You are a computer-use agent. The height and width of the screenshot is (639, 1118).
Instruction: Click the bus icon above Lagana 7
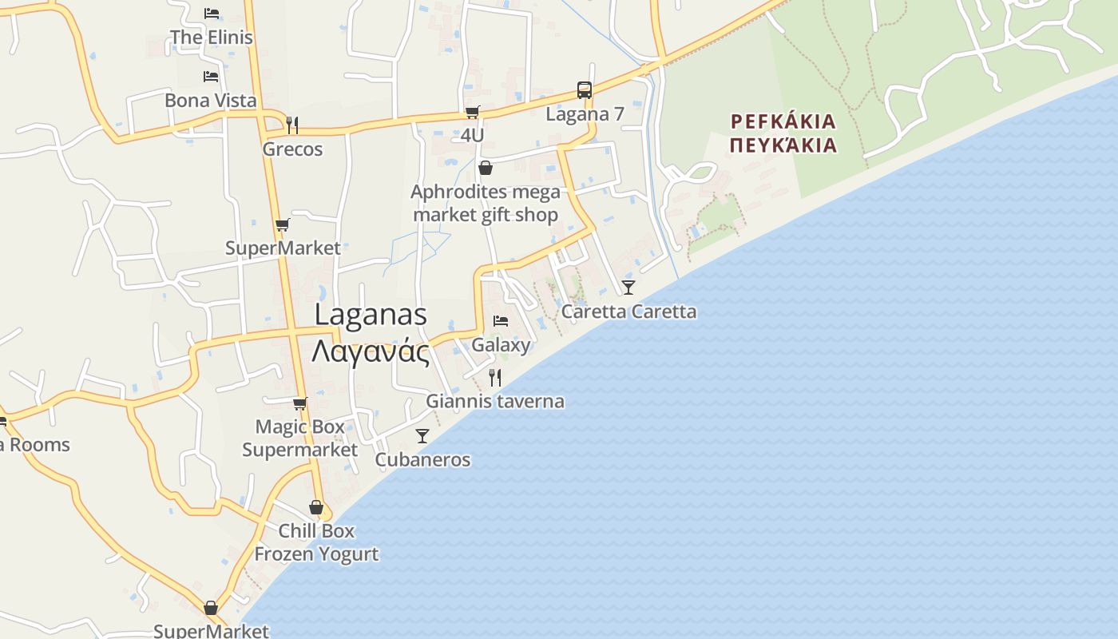coord(585,90)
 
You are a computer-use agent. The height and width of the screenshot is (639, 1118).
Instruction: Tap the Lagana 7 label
coord(585,114)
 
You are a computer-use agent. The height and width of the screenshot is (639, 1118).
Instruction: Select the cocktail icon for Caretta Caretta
coord(628,288)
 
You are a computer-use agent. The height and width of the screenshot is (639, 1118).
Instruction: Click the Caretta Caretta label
coord(628,312)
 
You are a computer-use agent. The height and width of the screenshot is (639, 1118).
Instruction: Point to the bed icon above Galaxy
coord(501,321)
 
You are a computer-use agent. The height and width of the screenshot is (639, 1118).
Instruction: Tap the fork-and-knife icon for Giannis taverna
coord(495,377)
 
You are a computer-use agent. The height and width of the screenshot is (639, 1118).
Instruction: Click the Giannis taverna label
coord(495,401)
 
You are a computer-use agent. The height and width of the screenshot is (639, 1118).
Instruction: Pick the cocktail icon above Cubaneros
coord(422,436)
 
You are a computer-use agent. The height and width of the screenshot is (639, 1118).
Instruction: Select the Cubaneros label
coord(422,460)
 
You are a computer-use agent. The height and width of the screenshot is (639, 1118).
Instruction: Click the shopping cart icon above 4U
coord(473,112)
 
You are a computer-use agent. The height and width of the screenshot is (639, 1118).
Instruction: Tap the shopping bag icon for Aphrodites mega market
coord(485,169)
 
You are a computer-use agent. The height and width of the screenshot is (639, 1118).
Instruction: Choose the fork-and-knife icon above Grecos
coord(292,125)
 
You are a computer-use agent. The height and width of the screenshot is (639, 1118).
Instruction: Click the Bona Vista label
coord(211,101)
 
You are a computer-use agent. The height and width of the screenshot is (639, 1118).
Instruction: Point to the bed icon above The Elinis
coord(212,14)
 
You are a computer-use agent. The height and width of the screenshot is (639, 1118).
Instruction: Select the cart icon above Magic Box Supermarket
coord(299,404)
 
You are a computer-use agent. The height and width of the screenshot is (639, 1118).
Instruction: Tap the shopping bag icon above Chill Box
coord(316,508)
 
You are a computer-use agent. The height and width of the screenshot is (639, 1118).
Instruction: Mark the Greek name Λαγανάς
coord(371,351)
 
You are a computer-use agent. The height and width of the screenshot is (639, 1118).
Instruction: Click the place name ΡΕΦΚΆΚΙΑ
coord(783,121)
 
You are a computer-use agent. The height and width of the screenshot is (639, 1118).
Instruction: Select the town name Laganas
coord(371,315)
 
